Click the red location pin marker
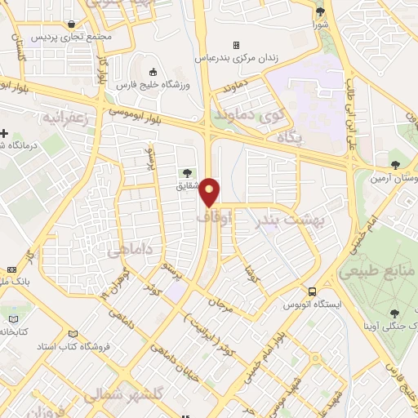[x=210, y=192]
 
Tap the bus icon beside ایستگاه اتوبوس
[x=313, y=291]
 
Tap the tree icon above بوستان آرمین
[x=396, y=165]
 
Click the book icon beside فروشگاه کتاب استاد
[x=75, y=334]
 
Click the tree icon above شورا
[x=319, y=11]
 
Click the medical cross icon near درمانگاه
[x=6, y=133]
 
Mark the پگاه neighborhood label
[x=291, y=140]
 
